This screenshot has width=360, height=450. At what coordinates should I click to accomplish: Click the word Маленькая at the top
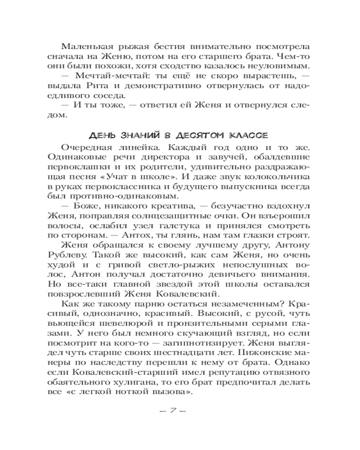pos(84,47)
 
